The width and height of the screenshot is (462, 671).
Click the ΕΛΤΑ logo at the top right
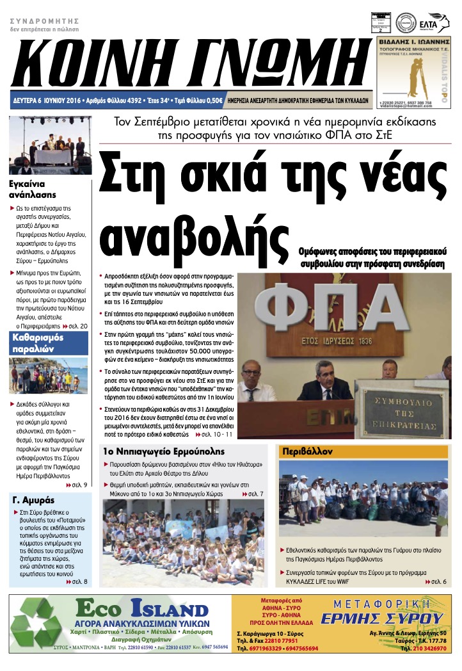[437, 22]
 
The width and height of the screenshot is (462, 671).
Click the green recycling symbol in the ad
[40, 626]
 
